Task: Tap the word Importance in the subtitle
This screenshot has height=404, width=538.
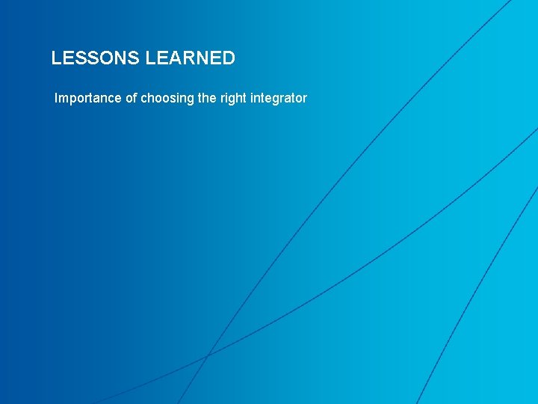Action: click(x=87, y=98)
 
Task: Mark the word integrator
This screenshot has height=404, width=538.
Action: click(x=281, y=99)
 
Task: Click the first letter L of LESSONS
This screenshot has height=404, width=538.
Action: click(x=56, y=58)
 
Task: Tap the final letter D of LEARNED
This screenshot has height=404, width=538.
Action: click(x=229, y=58)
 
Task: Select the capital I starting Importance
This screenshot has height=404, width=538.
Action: click(x=57, y=98)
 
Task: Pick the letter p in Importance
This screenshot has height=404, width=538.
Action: click(x=73, y=100)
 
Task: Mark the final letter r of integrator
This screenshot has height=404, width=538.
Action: click(x=305, y=99)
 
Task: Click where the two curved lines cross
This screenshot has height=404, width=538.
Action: click(x=207, y=354)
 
